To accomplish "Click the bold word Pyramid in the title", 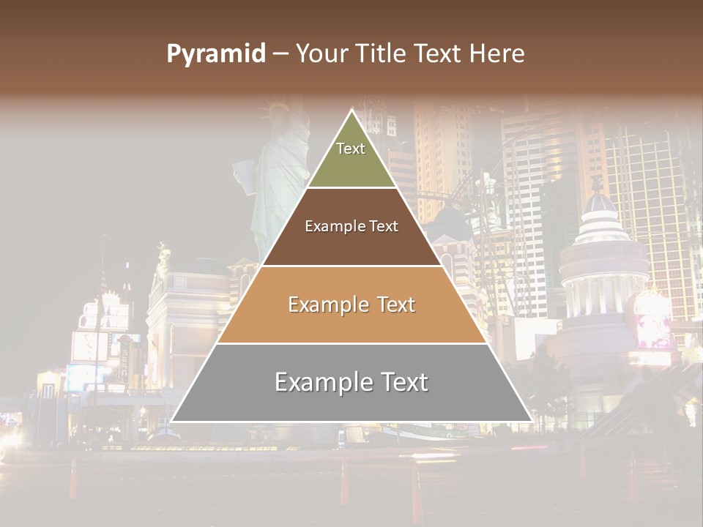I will tap(215, 53).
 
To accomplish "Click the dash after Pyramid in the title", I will tap(280, 54).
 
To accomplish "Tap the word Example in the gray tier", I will tap(323, 382).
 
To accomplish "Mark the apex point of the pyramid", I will tap(352, 111).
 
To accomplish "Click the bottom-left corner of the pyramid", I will tap(172, 421).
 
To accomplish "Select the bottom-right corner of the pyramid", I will tap(532, 421).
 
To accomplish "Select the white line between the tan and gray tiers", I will tap(351, 343).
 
